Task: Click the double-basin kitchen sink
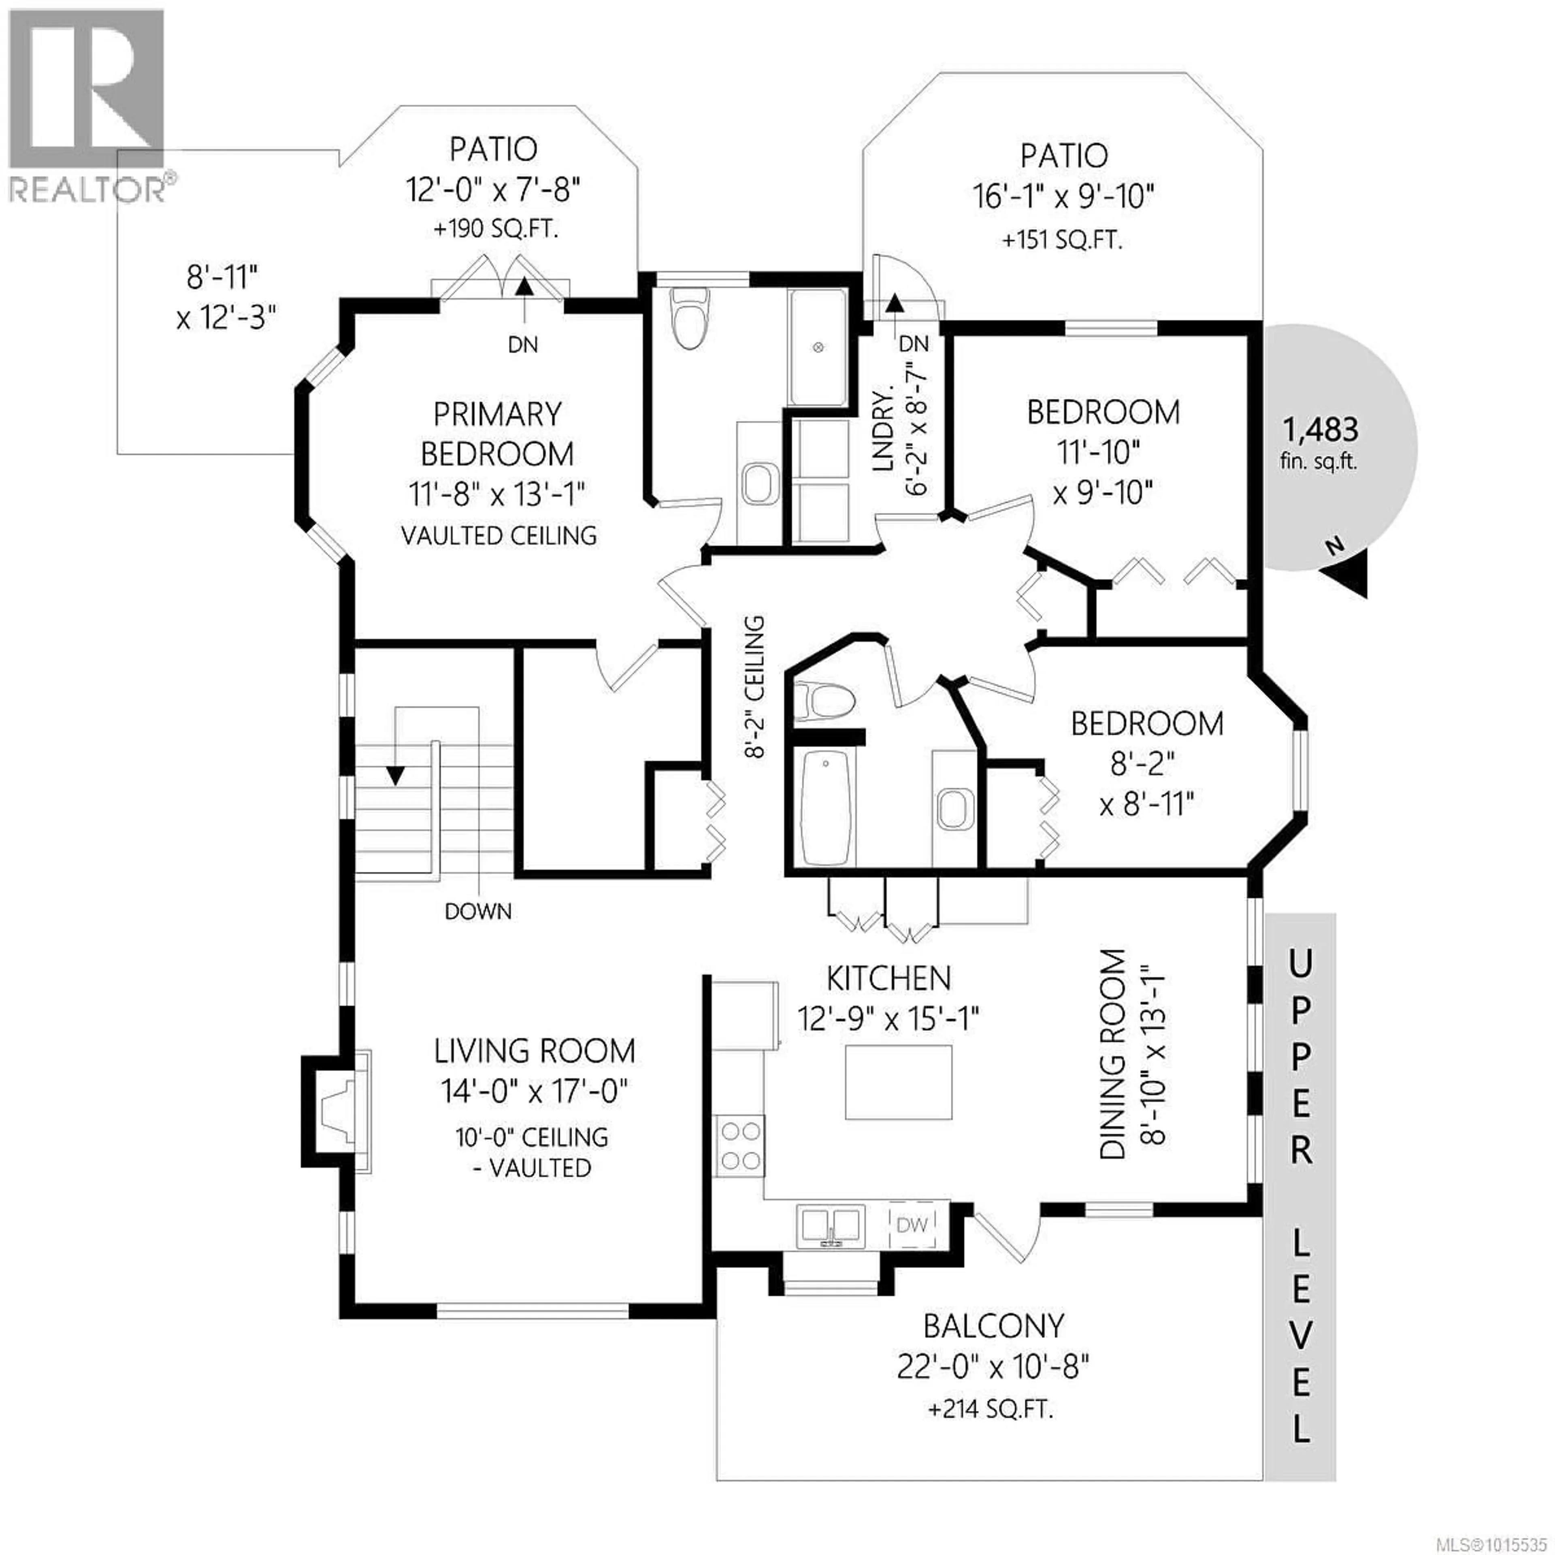click(x=831, y=1226)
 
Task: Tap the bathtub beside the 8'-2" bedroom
click(x=827, y=807)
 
